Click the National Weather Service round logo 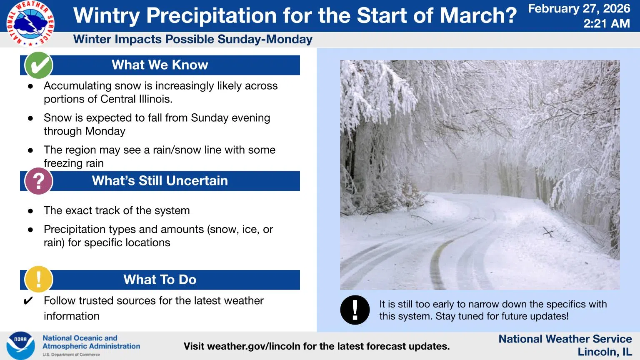pos(30,23)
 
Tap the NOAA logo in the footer pos(20,346)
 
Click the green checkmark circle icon pos(39,65)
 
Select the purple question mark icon pos(39,181)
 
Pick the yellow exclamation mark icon pos(39,279)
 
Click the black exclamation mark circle pos(355,310)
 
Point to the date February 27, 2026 pos(579,9)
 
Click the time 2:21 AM pos(607,23)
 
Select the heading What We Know pos(160,65)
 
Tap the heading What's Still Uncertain pos(160,180)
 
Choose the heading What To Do pos(160,280)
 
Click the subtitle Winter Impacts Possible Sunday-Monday pos(193,40)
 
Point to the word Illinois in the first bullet pos(156,99)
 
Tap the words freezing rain pos(74,163)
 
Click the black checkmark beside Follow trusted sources pos(28,301)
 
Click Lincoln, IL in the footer pos(605,352)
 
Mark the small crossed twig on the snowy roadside pos(548,232)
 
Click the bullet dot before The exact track pos(30,211)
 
